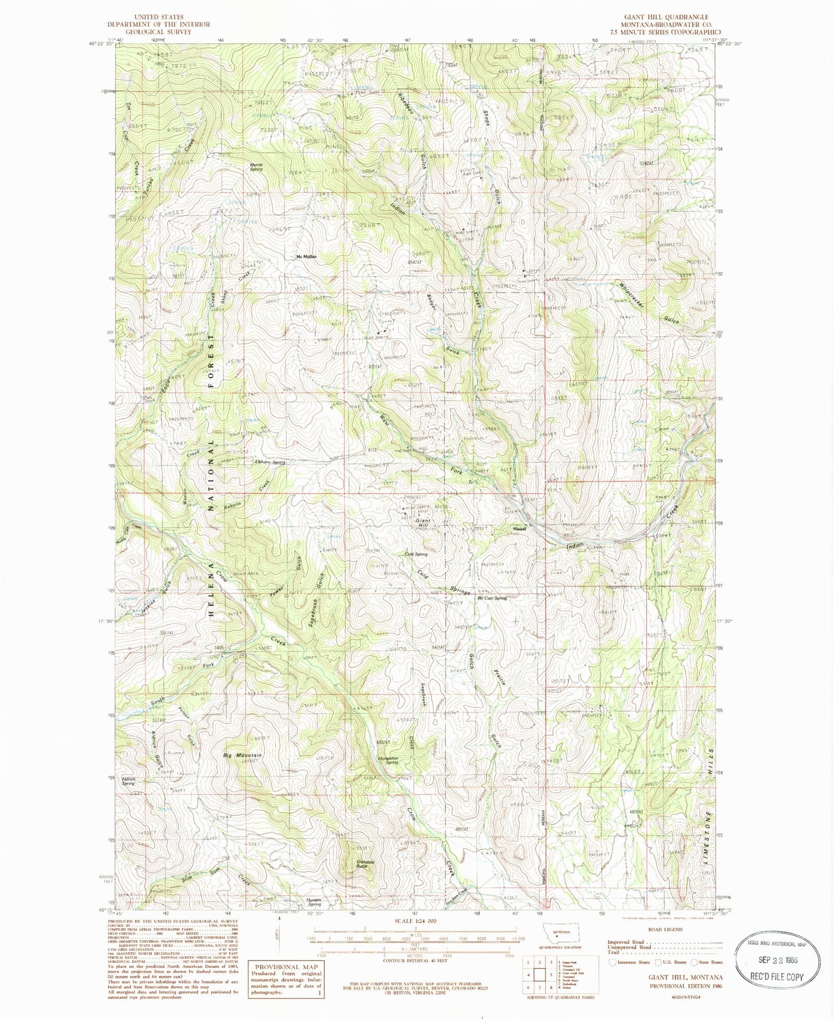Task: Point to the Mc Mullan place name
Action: coord(306,257)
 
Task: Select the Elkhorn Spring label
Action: coord(270,462)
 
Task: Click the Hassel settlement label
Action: coord(520,530)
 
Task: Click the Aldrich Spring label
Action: coord(128,781)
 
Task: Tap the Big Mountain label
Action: coord(242,755)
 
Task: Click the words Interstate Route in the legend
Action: coord(635,962)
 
